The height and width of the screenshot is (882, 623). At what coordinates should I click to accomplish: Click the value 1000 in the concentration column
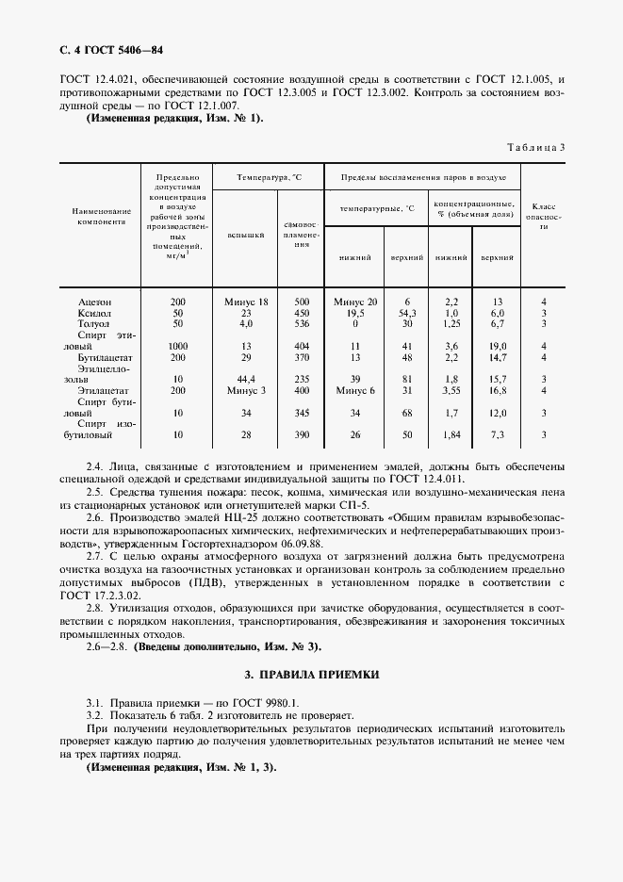point(177,346)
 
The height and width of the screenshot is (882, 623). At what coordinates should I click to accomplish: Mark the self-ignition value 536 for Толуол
point(302,323)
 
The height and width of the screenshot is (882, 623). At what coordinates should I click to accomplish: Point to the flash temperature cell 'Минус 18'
point(247,302)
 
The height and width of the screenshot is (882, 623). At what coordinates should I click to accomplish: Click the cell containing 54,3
point(408,312)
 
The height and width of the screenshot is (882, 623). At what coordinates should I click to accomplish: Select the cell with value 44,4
point(247,379)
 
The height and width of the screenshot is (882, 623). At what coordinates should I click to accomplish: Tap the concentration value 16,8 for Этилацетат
point(499,389)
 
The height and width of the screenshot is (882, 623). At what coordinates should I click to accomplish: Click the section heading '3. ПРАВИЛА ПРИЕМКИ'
point(311,675)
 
